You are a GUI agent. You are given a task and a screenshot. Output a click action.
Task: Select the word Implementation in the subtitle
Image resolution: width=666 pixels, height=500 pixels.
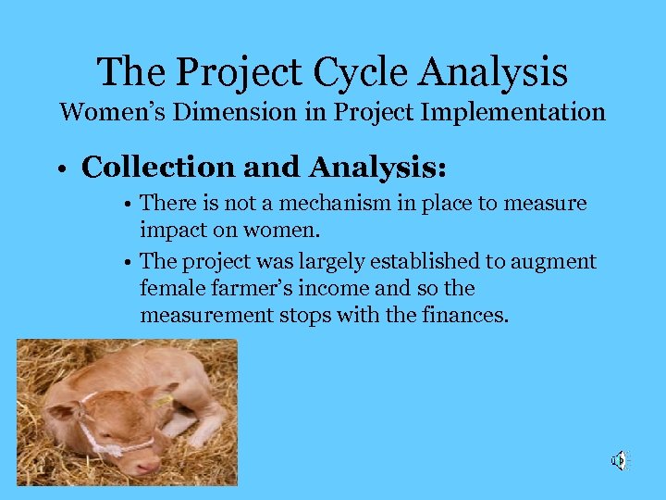coord(513,113)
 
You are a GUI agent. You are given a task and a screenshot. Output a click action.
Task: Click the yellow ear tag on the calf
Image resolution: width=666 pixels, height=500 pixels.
coord(163,400)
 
